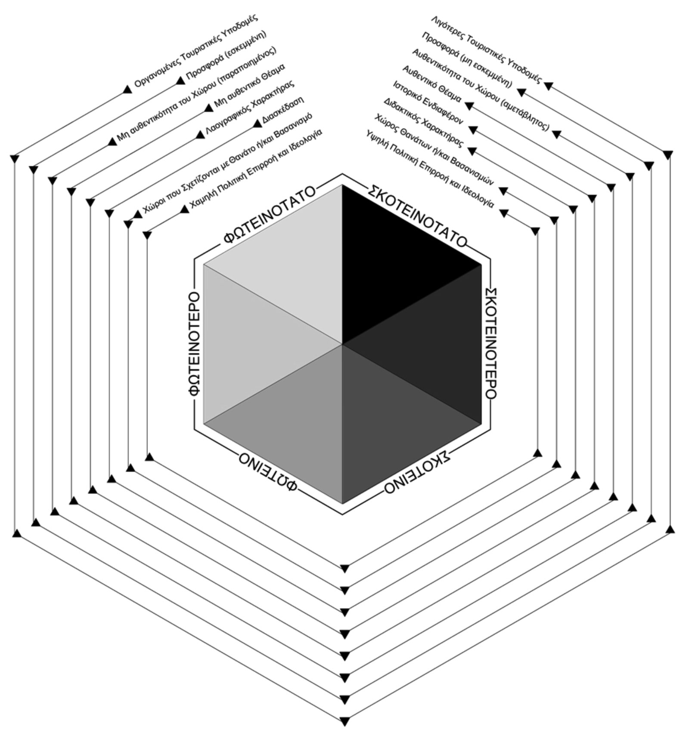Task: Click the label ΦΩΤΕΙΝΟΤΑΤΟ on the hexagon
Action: pyautogui.click(x=270, y=214)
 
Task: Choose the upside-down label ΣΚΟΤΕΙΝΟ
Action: pyautogui.click(x=417, y=472)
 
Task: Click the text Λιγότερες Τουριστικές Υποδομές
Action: pyautogui.click(x=487, y=49)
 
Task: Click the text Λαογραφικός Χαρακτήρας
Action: pyautogui.click(x=250, y=108)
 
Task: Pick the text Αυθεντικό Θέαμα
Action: pyautogui.click(x=432, y=84)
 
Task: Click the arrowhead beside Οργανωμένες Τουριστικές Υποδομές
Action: pyautogui.click(x=127, y=89)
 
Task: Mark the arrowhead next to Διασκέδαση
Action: pyautogui.click(x=257, y=123)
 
